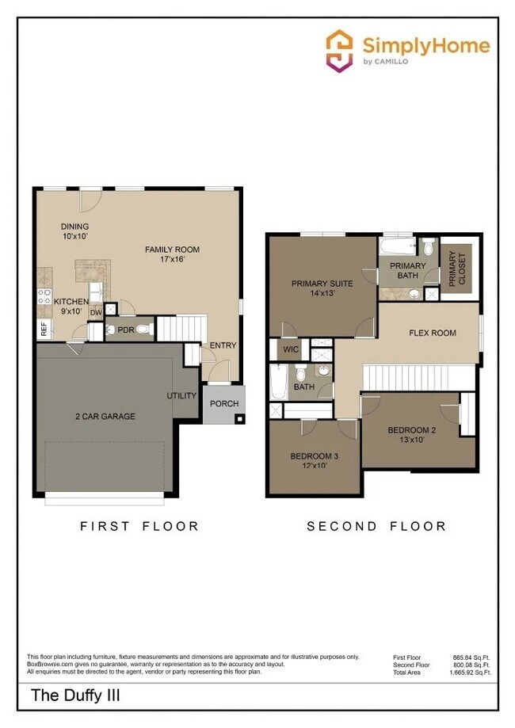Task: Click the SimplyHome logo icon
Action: tap(340, 51)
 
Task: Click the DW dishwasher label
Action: tap(95, 313)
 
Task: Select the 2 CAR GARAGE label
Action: tap(105, 416)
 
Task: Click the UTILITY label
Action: tap(181, 395)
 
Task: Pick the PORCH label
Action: tap(223, 404)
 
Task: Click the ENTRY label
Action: tap(223, 345)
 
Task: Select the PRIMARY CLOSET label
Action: tap(453, 269)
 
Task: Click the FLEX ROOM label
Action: tap(432, 333)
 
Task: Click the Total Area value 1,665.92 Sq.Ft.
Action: tap(471, 672)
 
